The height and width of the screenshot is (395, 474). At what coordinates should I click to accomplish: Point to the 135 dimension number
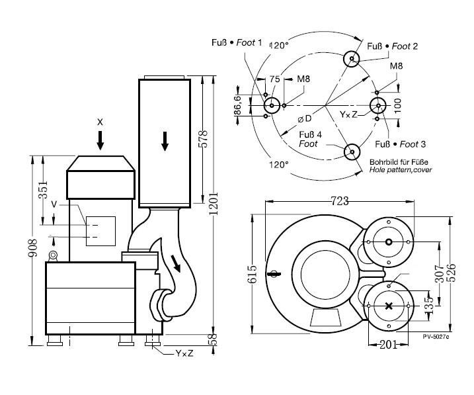pyautogui.click(x=429, y=304)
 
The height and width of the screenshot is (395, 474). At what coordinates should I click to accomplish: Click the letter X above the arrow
pyautogui.click(x=100, y=122)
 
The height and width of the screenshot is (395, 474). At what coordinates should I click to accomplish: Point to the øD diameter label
pyautogui.click(x=305, y=118)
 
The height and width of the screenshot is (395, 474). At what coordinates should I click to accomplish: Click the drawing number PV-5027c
pyautogui.click(x=436, y=337)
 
